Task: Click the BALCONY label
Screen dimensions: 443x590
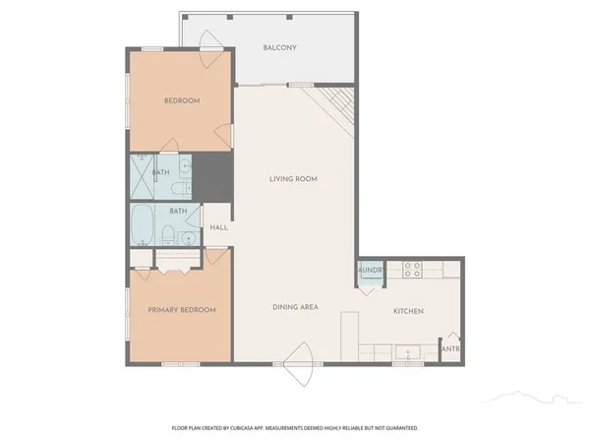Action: (x=280, y=48)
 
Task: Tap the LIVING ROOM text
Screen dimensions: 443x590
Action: (x=293, y=179)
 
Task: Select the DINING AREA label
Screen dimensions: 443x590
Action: (x=295, y=308)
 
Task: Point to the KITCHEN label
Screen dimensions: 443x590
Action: (x=408, y=311)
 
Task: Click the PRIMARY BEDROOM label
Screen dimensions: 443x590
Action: (x=182, y=310)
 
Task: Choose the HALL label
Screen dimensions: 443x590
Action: (x=218, y=228)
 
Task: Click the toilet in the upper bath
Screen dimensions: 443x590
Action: (x=176, y=184)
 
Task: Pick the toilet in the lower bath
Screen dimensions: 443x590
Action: (x=168, y=235)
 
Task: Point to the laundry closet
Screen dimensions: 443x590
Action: (x=370, y=273)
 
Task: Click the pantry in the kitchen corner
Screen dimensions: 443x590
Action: (x=450, y=349)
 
